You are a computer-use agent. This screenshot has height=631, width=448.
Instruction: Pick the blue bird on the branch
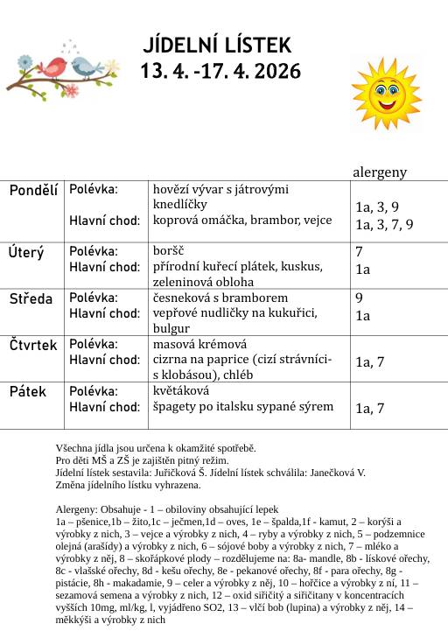[x=84, y=67]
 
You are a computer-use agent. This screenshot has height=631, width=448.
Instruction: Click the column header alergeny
[x=380, y=172]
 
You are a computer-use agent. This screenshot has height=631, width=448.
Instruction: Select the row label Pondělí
[x=33, y=190]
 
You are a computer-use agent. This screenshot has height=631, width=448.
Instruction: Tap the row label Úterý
[x=26, y=253]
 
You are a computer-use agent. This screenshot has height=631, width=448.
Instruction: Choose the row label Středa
[x=31, y=299]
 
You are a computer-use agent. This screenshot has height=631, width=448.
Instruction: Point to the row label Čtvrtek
[x=33, y=346]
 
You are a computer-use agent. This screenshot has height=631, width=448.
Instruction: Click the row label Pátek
[x=28, y=391]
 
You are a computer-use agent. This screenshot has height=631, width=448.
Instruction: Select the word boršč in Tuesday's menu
[x=169, y=251]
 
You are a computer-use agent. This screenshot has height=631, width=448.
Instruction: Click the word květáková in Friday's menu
[x=182, y=390]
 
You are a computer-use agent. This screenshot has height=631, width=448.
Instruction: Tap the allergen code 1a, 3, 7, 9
[x=384, y=224]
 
